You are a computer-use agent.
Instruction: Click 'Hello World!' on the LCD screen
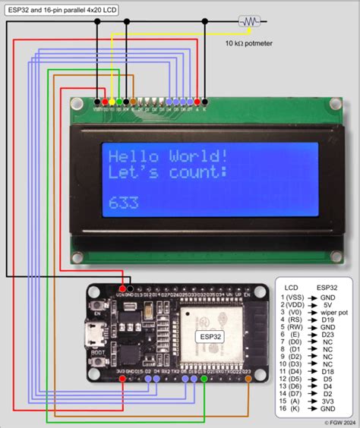coord(168,157)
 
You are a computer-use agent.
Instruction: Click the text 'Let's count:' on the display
coord(168,174)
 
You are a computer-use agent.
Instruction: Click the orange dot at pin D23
coord(248,377)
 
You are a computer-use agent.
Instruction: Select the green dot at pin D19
coord(205,377)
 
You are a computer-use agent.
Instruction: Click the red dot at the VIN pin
coord(122,289)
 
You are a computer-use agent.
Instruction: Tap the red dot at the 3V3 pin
coord(122,377)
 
